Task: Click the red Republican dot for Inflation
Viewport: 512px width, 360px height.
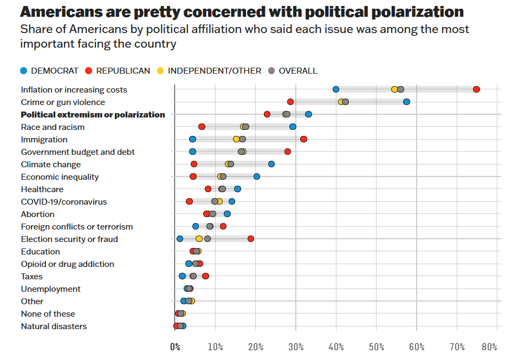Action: click(x=476, y=89)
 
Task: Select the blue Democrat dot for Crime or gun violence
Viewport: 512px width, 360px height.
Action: click(x=406, y=102)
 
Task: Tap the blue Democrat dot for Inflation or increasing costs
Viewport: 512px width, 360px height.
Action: click(x=336, y=89)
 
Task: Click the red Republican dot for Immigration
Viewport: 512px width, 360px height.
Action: click(x=303, y=139)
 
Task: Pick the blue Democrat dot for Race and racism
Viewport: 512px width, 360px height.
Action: click(x=293, y=127)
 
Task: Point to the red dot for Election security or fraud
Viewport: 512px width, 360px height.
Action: click(x=251, y=239)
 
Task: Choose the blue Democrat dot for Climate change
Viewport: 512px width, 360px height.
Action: click(x=271, y=164)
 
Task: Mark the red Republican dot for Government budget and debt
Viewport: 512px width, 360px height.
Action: click(x=287, y=152)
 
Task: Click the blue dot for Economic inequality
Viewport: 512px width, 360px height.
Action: click(x=257, y=176)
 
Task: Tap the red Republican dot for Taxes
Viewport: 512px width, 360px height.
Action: click(x=205, y=276)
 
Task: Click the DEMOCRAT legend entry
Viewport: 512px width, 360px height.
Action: click(x=49, y=71)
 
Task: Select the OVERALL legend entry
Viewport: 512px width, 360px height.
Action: click(x=293, y=71)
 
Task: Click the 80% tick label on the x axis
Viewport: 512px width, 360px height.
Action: click(x=489, y=347)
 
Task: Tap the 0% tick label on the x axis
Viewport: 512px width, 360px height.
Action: click(x=175, y=347)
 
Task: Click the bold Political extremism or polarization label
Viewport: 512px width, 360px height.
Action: click(x=93, y=115)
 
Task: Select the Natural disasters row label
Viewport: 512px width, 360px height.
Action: click(x=54, y=326)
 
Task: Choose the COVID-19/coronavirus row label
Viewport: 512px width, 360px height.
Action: click(x=63, y=202)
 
